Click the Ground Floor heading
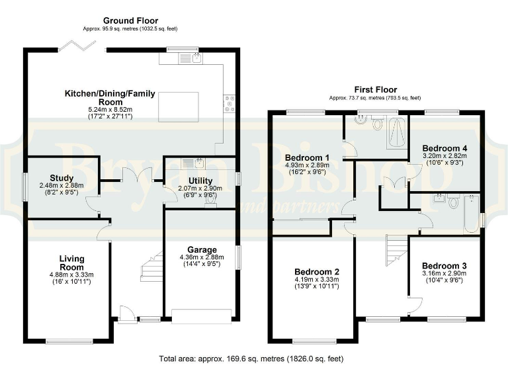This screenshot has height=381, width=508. click(130, 21)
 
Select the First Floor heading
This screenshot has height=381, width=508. click(375, 90)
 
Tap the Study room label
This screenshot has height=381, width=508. click(61, 177)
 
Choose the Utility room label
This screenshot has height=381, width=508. click(200, 180)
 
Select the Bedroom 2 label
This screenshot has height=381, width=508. click(317, 271)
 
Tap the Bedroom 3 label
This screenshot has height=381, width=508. click(444, 264)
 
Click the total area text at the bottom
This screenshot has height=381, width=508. click(251, 359)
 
